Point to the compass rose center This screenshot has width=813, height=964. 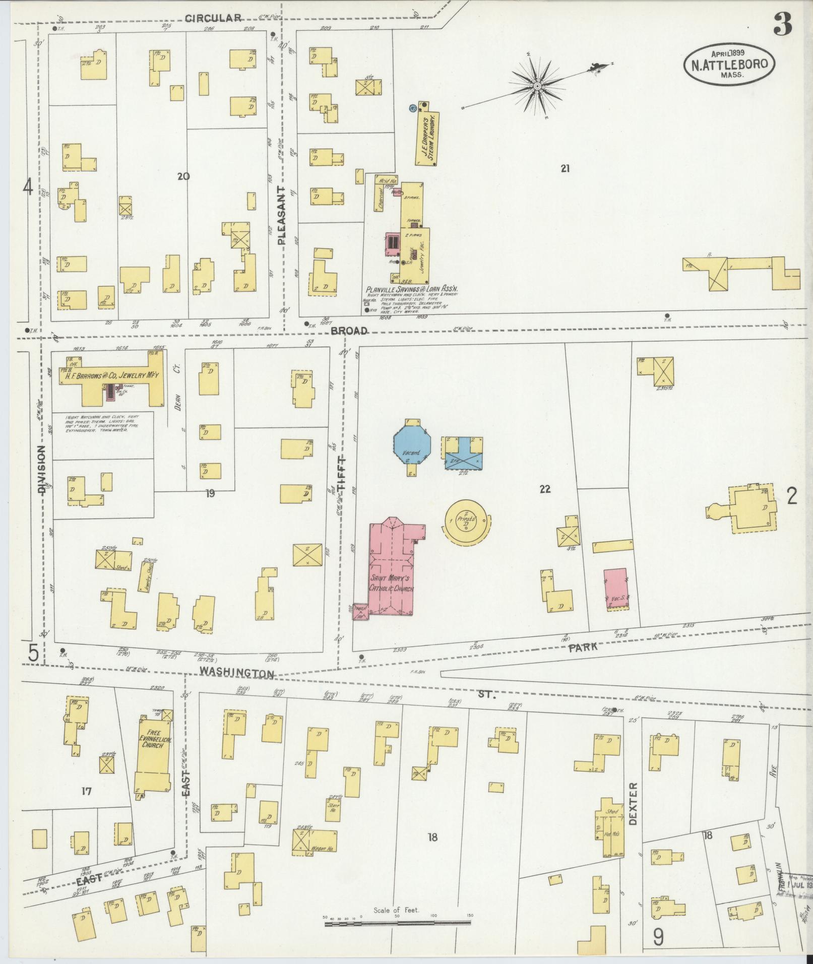click(x=537, y=86)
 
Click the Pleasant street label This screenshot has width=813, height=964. click(x=281, y=215)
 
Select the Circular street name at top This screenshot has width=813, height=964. click(x=213, y=19)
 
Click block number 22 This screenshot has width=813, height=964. click(x=545, y=488)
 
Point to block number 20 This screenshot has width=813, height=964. click(x=183, y=176)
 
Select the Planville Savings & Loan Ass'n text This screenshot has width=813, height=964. click(x=411, y=290)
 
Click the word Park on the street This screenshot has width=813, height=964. click(x=583, y=648)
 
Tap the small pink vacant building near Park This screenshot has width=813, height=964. click(x=615, y=588)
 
